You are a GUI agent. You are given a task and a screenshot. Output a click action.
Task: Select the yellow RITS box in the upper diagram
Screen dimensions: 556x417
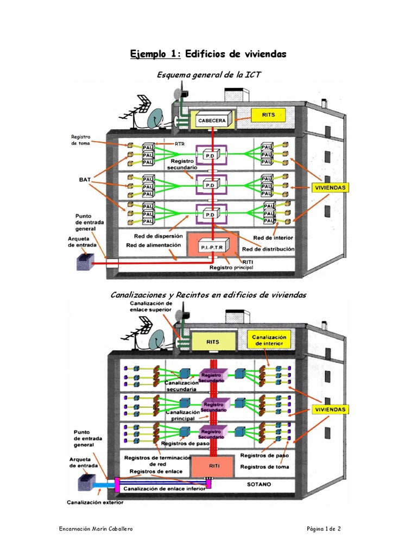point(268,116)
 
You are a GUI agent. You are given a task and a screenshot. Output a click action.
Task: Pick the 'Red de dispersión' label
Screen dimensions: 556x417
point(158,236)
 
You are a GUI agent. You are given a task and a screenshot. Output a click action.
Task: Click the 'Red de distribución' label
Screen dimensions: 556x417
point(268,249)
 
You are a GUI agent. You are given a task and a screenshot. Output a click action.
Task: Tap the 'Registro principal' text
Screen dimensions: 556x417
point(231,268)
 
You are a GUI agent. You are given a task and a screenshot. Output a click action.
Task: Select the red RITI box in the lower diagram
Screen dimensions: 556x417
point(213,465)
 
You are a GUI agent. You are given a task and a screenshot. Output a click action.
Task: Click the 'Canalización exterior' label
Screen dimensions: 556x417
point(95,502)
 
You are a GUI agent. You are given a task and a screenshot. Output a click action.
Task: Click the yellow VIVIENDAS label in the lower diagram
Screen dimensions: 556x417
point(330,409)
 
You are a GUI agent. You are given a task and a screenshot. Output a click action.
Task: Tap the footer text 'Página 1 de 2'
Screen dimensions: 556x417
point(324,529)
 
